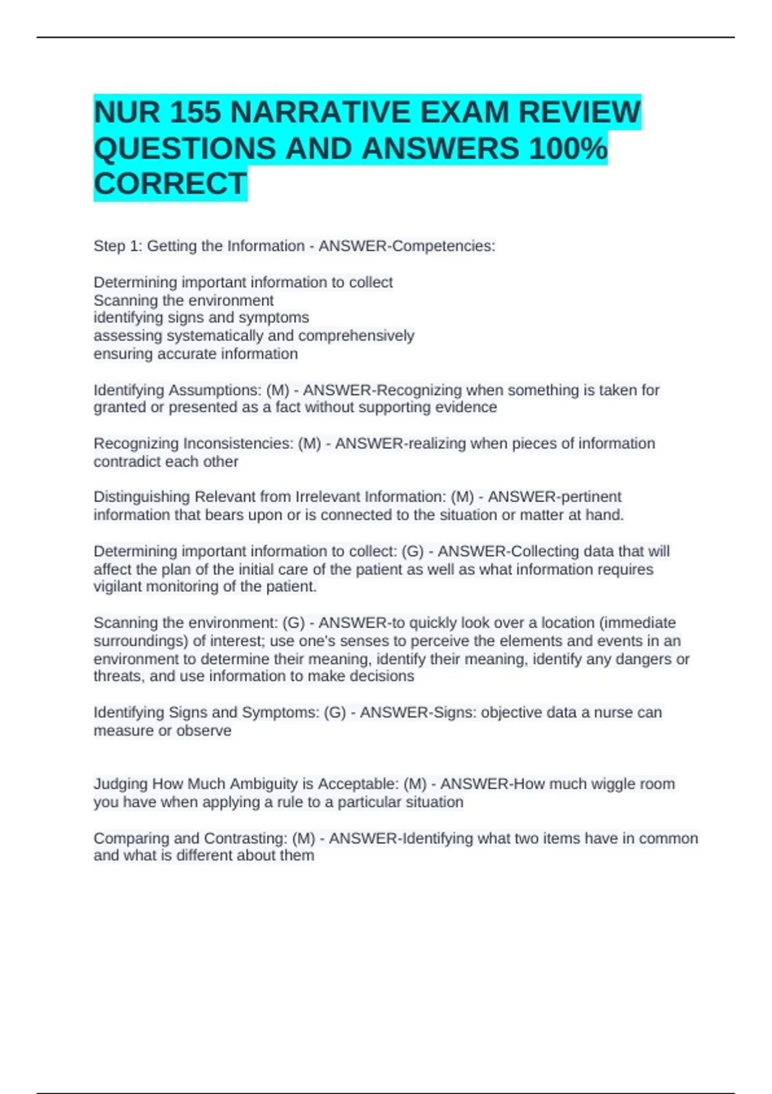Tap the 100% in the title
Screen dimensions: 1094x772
567,149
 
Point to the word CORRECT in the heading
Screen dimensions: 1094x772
170,184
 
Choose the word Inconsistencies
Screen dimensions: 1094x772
238,443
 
